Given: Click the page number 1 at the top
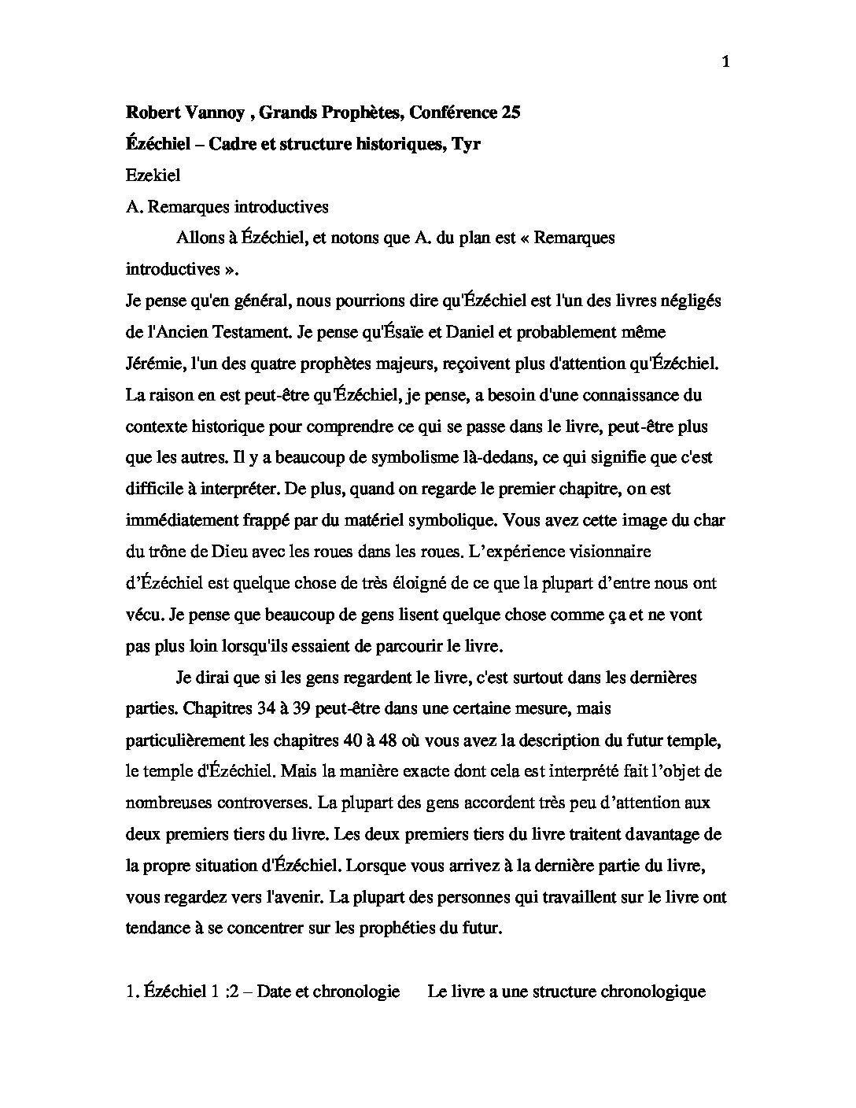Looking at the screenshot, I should (725, 64).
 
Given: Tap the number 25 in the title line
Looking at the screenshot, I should (510, 113).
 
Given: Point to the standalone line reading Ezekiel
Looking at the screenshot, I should (153, 175).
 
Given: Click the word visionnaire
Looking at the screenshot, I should (608, 552).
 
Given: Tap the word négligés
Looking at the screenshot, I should (685, 301).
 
